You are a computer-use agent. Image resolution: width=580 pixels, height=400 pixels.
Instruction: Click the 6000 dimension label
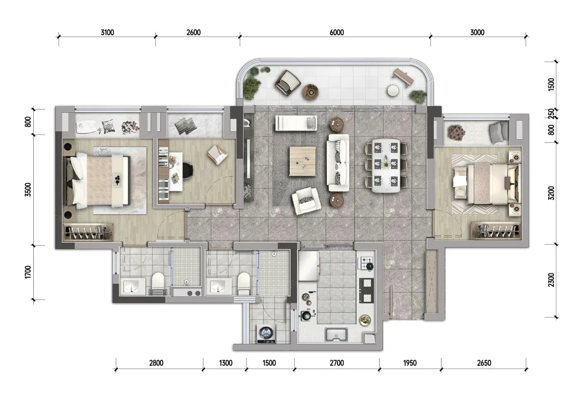(x=336, y=33)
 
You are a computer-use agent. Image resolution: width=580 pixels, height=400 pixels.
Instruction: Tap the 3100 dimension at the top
(x=107, y=33)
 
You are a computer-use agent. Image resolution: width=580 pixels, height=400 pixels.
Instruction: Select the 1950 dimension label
(x=410, y=363)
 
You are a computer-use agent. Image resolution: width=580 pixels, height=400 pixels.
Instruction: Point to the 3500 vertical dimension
(x=28, y=190)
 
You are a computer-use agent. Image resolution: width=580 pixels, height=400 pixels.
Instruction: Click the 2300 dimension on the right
(x=551, y=280)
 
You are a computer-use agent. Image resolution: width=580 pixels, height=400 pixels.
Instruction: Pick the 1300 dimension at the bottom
(x=226, y=363)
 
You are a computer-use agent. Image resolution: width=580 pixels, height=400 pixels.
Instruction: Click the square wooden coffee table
(x=302, y=161)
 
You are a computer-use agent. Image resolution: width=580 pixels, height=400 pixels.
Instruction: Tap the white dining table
(x=386, y=166)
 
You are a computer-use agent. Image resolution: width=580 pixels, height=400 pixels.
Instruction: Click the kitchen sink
(x=336, y=335)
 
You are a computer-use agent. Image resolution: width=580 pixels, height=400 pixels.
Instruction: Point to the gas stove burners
(x=365, y=263)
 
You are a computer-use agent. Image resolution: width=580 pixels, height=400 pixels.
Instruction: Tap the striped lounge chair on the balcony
(x=288, y=82)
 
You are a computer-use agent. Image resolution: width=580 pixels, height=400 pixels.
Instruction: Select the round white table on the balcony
(x=393, y=91)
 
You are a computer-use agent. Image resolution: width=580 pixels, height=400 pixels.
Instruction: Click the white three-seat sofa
(x=338, y=163)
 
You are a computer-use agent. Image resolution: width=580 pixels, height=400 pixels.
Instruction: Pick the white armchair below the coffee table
(x=306, y=201)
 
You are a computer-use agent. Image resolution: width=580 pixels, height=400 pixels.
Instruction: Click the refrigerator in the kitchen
(x=308, y=266)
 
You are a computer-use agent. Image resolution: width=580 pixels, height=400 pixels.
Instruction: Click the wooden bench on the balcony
(x=403, y=77)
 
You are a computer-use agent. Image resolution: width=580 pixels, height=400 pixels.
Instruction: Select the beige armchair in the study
(x=217, y=155)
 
